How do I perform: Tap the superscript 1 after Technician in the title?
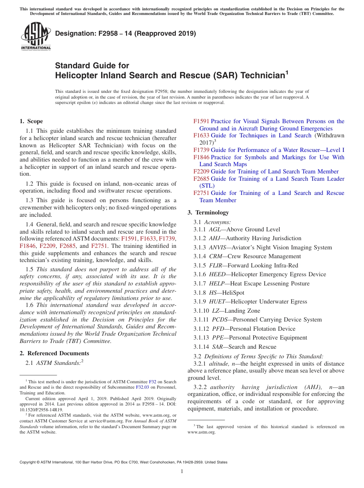[x=286, y=72]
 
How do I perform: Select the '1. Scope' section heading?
[x=31, y=121]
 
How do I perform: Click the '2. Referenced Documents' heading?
[x=54, y=353]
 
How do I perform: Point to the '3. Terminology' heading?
[x=208, y=213]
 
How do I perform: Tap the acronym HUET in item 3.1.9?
[x=217, y=302]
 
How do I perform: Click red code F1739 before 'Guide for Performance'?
[x=201, y=150]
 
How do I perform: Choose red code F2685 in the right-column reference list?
[x=201, y=179]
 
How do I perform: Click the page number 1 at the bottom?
[x=182, y=472]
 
